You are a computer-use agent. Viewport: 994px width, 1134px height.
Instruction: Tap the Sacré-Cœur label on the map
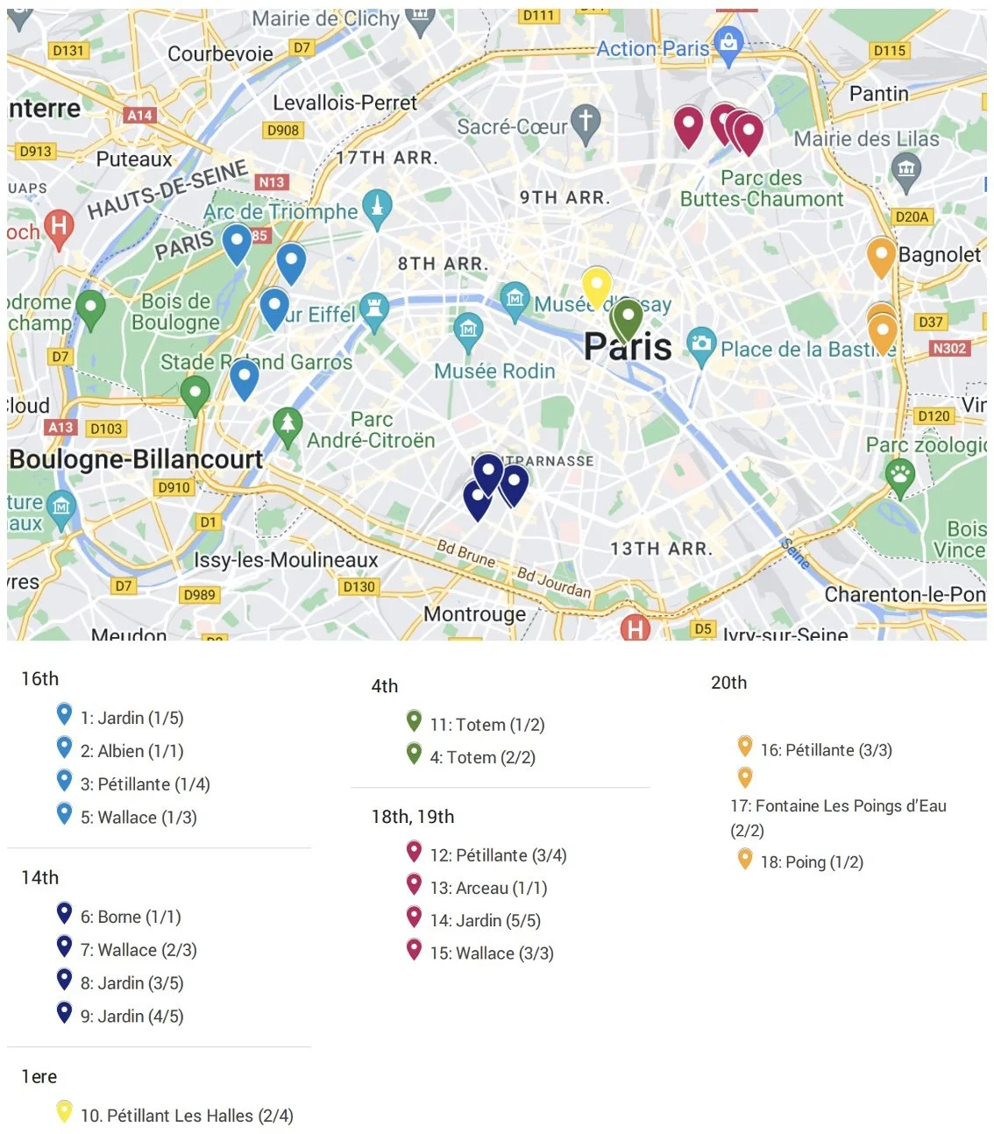pyautogui.click(x=512, y=127)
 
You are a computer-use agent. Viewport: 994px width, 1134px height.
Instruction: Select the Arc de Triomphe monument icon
pyautogui.click(x=377, y=208)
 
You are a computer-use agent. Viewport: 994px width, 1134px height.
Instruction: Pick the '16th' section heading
pyautogui.click(x=39, y=678)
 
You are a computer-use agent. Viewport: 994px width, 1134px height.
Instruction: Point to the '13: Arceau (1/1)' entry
pyautogui.click(x=488, y=888)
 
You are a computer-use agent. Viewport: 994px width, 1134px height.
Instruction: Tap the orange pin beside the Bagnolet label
pyautogui.click(x=880, y=255)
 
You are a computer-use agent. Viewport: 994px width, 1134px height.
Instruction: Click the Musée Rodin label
pyautogui.click(x=494, y=372)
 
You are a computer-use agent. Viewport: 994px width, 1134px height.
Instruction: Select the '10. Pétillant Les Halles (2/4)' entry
pyautogui.click(x=187, y=1116)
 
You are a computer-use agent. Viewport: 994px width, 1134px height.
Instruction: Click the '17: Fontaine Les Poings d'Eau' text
pyautogui.click(x=838, y=805)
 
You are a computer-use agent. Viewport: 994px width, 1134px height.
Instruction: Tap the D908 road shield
pyautogui.click(x=283, y=130)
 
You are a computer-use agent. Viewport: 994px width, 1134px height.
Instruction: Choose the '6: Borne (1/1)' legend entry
pyautogui.click(x=131, y=917)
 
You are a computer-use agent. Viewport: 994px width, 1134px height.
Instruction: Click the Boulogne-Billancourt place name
pyautogui.click(x=136, y=459)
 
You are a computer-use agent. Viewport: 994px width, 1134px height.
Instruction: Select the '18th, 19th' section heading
pyautogui.click(x=412, y=817)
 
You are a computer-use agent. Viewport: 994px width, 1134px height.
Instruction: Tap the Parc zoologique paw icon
pyautogui.click(x=900, y=476)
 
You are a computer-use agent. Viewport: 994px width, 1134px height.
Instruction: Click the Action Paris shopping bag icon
pyautogui.click(x=728, y=41)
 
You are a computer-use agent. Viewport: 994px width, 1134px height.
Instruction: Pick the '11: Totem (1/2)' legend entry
pyautogui.click(x=486, y=725)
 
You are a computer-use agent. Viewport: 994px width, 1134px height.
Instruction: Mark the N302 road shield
pyautogui.click(x=949, y=348)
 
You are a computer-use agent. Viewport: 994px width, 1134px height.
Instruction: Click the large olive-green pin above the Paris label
pyautogui.click(x=628, y=318)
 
